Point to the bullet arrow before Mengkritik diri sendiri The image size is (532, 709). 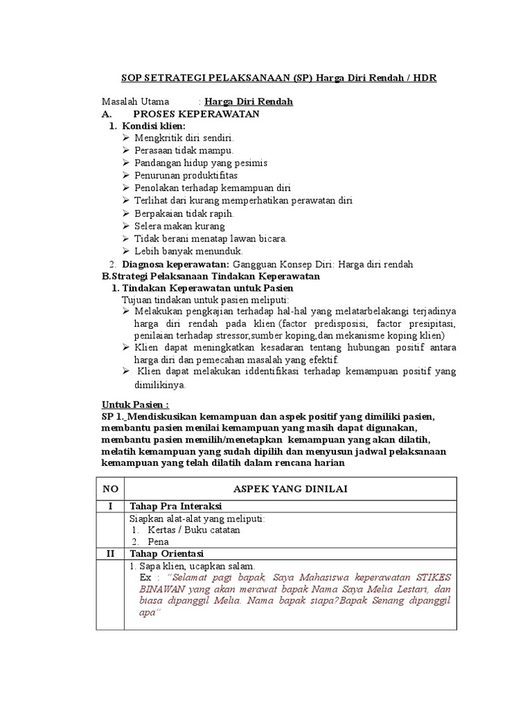pos(125,138)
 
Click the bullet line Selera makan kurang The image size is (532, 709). pos(179,226)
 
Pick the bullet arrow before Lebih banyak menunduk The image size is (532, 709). pos(125,251)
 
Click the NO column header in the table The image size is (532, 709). pos(111,489)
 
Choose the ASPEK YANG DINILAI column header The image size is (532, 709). pos(290,489)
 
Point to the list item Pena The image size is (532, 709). pos(159,542)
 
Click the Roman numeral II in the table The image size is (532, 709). pos(111,553)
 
